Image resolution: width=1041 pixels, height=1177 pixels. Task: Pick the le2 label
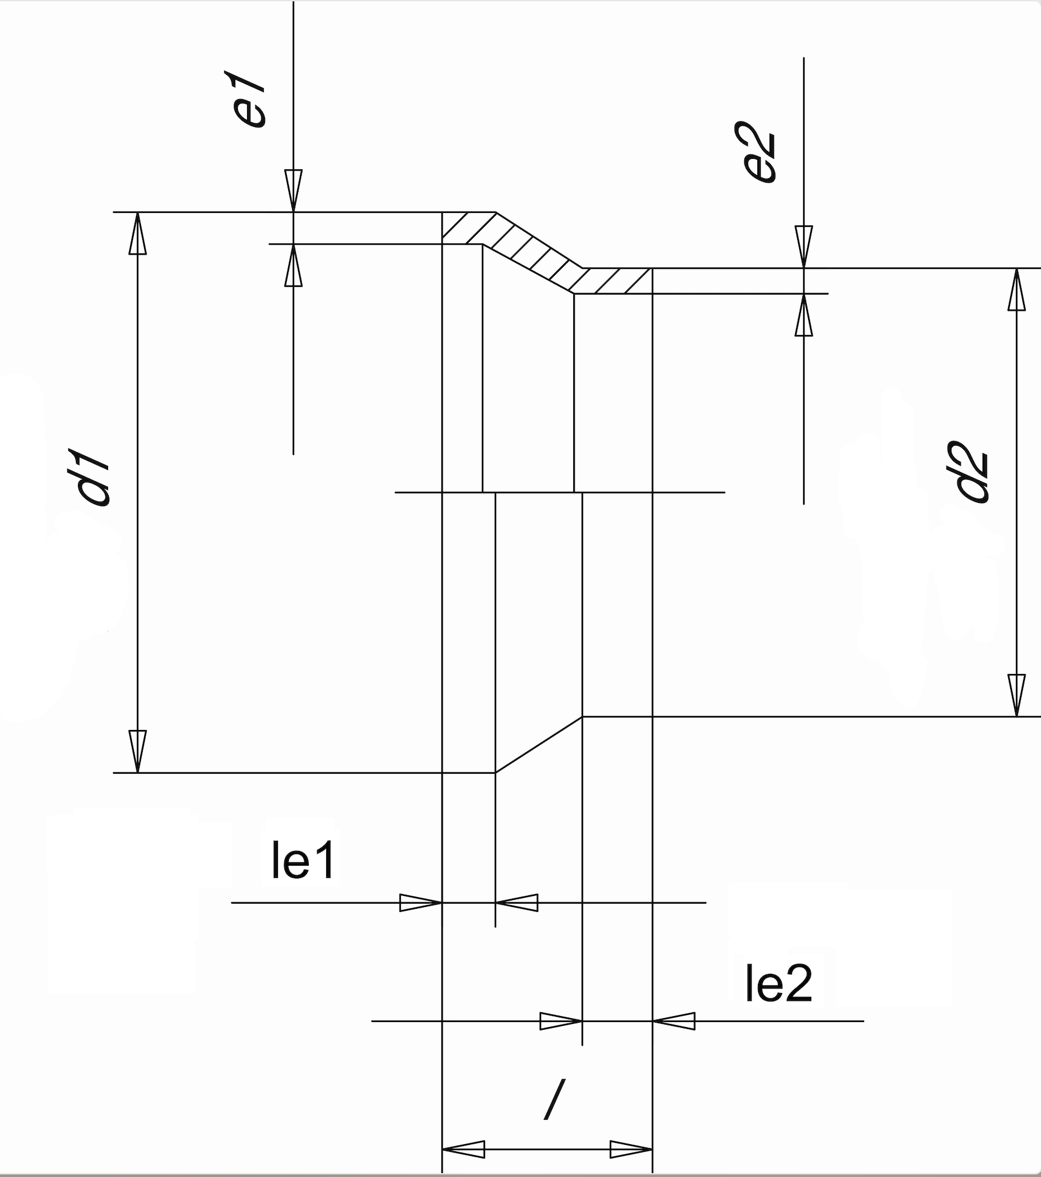778,983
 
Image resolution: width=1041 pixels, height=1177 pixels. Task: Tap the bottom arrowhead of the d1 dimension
137,751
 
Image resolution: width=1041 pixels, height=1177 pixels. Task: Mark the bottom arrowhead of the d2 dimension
1016,695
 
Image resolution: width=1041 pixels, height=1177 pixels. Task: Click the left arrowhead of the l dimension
464,1149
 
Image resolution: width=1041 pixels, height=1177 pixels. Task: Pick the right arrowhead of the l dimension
631,1149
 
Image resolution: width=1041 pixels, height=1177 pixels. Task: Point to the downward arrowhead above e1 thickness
293,190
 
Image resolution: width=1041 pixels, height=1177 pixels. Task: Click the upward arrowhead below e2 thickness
804,315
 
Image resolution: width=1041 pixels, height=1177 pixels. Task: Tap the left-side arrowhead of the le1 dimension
421,903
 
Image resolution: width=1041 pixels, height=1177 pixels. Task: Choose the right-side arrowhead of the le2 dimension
674,1021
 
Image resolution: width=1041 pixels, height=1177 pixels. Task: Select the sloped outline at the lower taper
539,745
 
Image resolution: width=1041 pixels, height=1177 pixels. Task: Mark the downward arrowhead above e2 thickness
804,246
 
